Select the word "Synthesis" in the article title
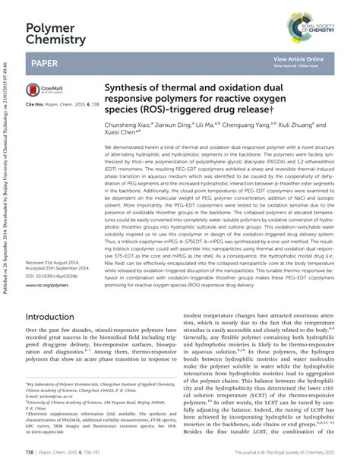(126, 86)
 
